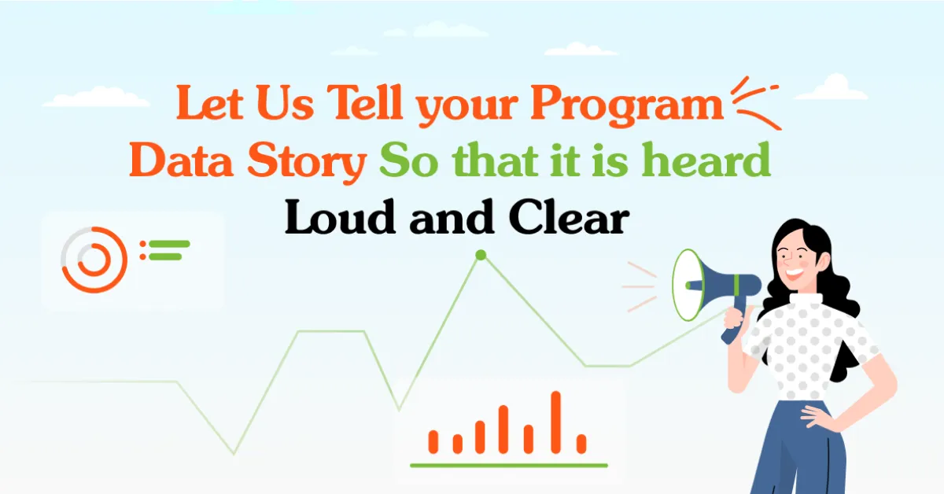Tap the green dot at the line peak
[480, 255]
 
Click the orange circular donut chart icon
[94, 260]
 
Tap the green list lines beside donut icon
[168, 250]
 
